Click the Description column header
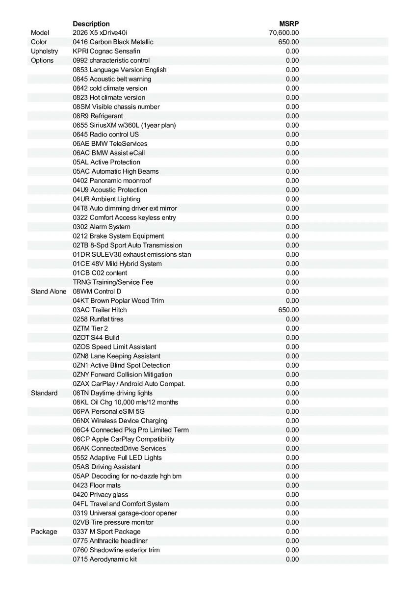91,24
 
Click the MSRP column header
289,24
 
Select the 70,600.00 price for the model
284,33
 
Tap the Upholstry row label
44,51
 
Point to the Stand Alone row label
49,292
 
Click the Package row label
44,532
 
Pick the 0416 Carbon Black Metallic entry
113,42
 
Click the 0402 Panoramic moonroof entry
112,181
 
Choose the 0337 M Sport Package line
106,532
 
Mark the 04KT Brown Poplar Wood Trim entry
118,300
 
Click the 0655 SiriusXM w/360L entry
124,125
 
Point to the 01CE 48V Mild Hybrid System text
117,264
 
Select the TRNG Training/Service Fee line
113,282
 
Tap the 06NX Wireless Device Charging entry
120,421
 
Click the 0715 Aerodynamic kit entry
105,559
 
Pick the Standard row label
44,393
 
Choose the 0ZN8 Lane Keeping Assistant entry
116,356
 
